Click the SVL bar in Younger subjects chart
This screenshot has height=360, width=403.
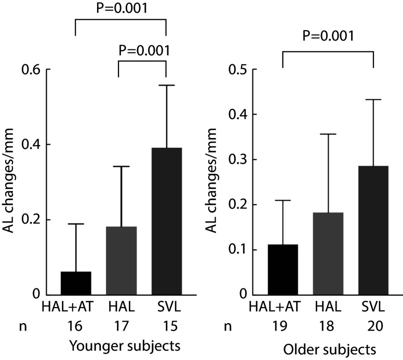pyautogui.click(x=167, y=221)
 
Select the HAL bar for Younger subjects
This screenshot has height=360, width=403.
pyautogui.click(x=122, y=260)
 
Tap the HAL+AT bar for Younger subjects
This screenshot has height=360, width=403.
pyautogui.click(x=76, y=283)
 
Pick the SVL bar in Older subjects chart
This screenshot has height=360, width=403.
pyautogui.click(x=373, y=230)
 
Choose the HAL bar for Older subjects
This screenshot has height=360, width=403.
pyautogui.click(x=328, y=254)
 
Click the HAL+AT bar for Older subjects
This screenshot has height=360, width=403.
pyautogui.click(x=283, y=270)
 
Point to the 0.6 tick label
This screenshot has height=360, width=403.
pyautogui.click(x=31, y=70)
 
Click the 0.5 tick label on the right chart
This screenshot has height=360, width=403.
pyautogui.click(x=238, y=70)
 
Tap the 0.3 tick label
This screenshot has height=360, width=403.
pyautogui.click(x=238, y=159)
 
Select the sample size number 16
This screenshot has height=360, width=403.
pyautogui.click(x=75, y=326)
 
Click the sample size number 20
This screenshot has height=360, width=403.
pyautogui.click(x=375, y=326)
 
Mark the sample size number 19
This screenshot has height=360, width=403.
pyautogui.click(x=279, y=326)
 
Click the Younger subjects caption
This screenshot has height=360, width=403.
pyautogui.click(x=125, y=346)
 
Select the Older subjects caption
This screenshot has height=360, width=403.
pyautogui.click(x=329, y=350)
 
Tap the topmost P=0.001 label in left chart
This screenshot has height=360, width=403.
pyautogui.click(x=122, y=8)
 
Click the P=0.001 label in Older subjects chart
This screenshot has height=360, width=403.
pyautogui.click(x=328, y=36)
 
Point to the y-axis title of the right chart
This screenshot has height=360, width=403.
pyautogui.click(x=212, y=181)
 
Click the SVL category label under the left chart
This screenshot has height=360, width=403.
pyautogui.click(x=169, y=307)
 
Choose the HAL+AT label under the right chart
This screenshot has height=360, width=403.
pyautogui.click(x=275, y=307)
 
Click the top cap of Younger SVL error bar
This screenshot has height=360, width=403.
pyautogui.click(x=167, y=85)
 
